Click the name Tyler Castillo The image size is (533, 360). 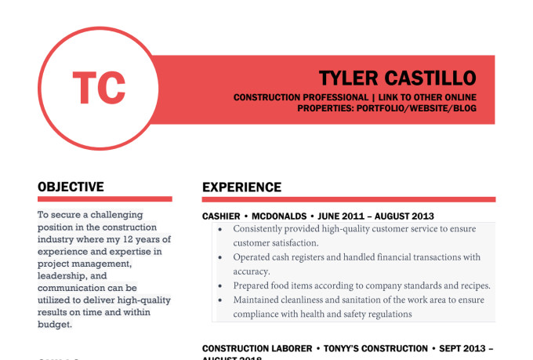click(x=397, y=78)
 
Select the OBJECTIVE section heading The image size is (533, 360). click(x=71, y=187)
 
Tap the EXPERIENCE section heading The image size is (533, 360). click(x=241, y=187)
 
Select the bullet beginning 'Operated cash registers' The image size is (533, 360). click(x=357, y=257)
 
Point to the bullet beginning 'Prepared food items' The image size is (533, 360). click(x=361, y=285)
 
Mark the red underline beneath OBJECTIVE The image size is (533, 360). click(x=104, y=199)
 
